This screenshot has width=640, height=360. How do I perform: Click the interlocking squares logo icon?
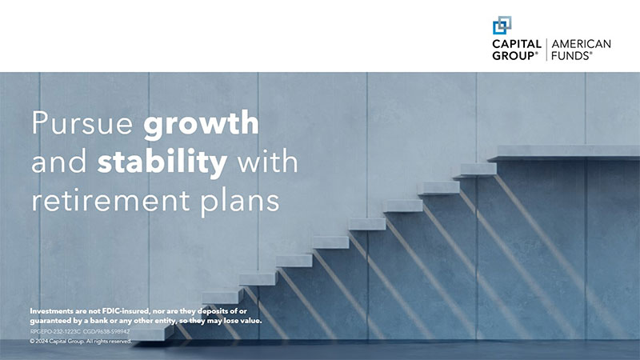coord(502,25)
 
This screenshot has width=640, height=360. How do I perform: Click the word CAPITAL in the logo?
coord(517,44)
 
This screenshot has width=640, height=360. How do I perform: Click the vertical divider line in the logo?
coord(546,50)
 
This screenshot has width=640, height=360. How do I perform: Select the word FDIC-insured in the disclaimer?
coord(114,310)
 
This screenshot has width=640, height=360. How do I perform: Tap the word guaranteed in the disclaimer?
coord(52,320)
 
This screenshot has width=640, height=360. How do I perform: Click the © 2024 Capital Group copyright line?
coord(80,341)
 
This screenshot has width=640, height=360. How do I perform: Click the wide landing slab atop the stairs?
coord(564,151)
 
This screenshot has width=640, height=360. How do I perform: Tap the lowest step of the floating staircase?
coord(221,297)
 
